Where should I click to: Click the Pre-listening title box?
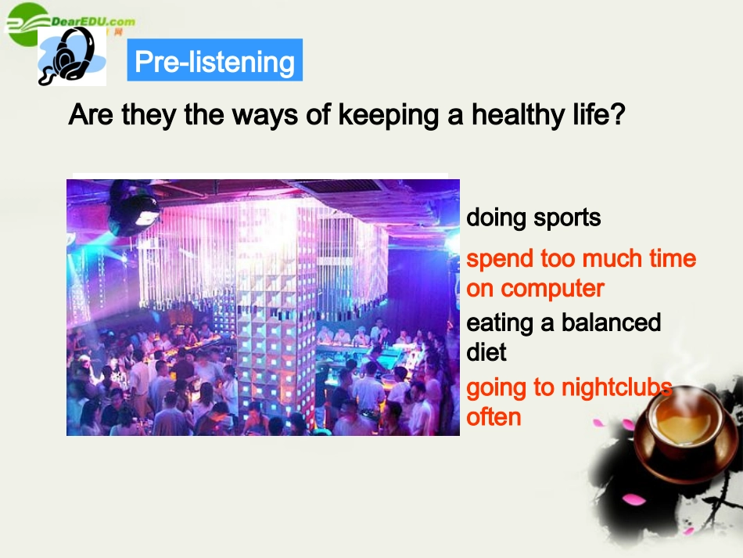coord(214,61)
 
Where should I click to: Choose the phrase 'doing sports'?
coord(533,217)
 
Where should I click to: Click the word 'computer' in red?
coord(552,288)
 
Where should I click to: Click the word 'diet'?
coord(486,352)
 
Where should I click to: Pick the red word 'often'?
coord(494,416)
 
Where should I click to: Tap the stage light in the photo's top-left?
coord(135,207)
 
